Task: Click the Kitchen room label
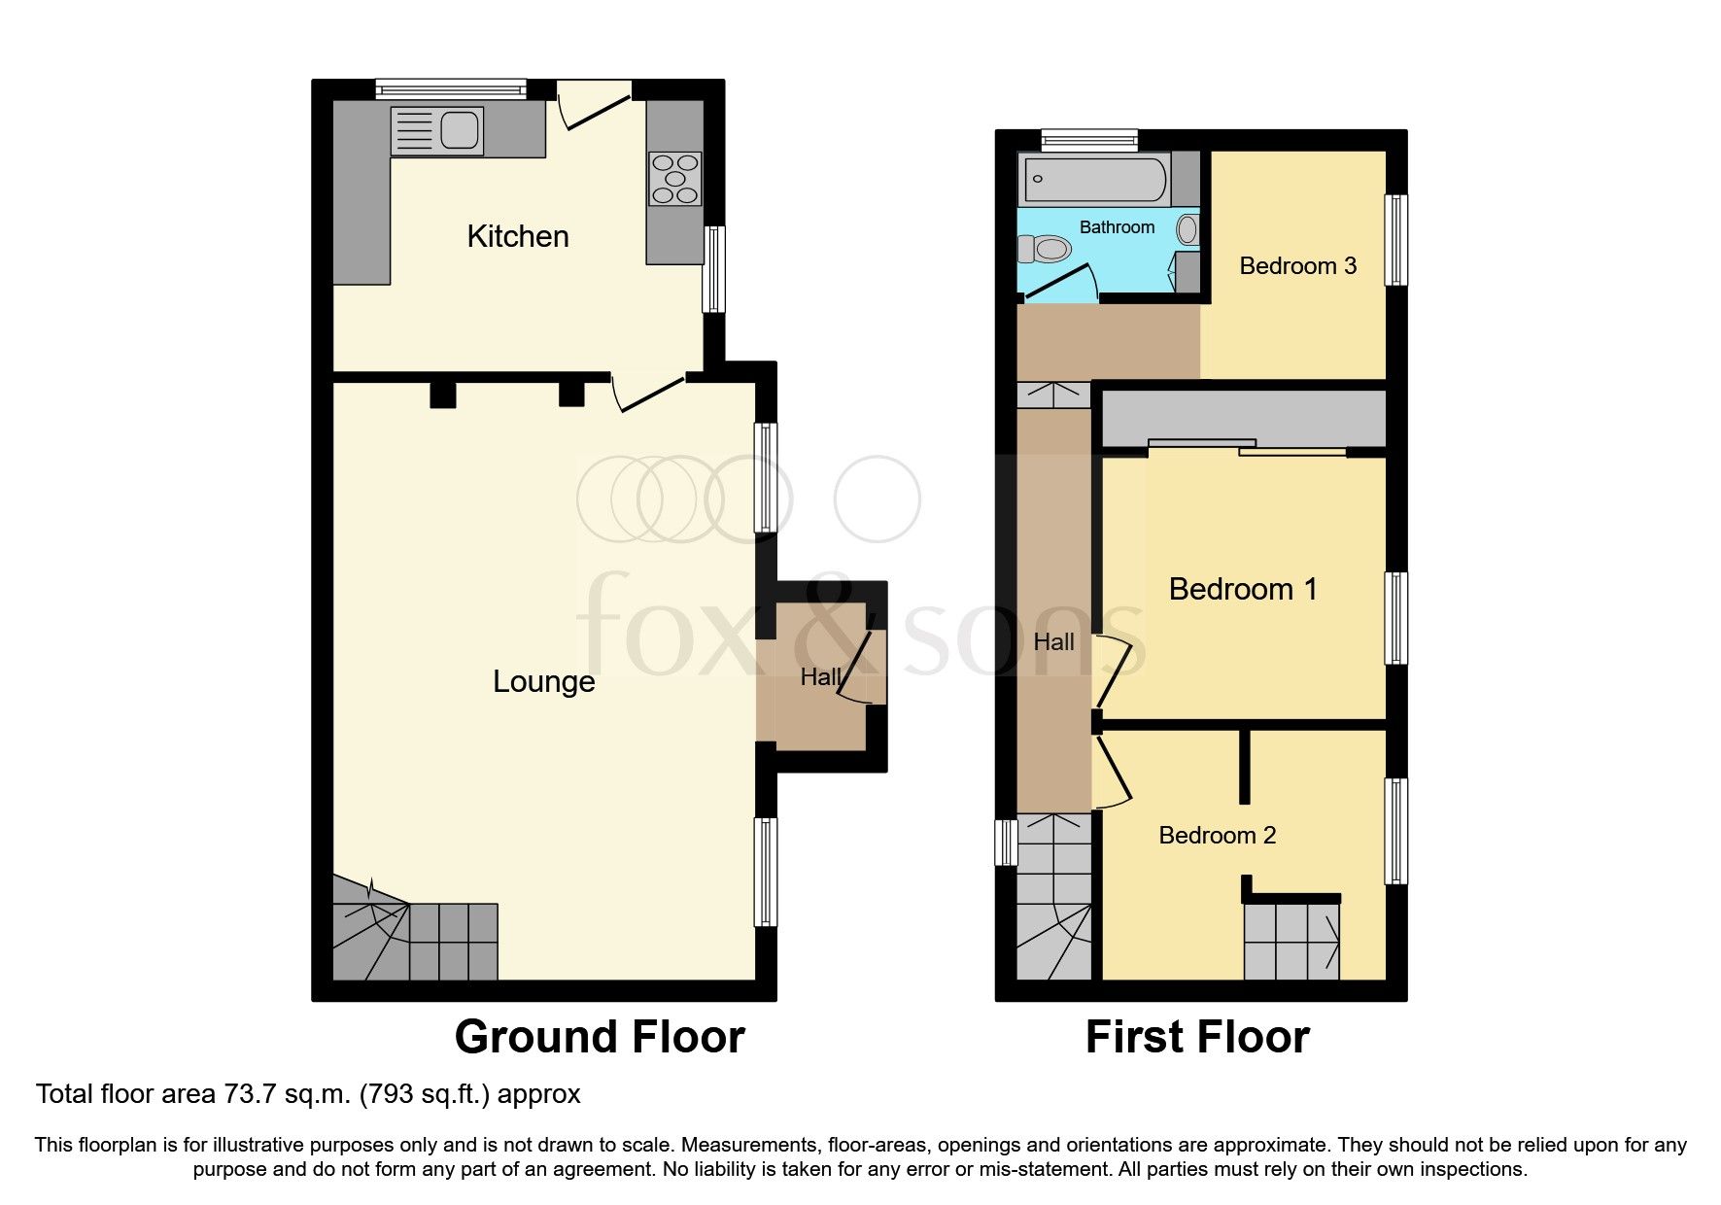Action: [x=517, y=236]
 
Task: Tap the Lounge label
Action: [x=543, y=681]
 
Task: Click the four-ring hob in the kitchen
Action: [x=675, y=179]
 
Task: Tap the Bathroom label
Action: [x=1117, y=227]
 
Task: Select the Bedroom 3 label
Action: [x=1297, y=266]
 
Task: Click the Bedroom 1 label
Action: [x=1242, y=589]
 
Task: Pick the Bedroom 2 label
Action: [x=1217, y=836]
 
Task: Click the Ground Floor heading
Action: [x=600, y=1037]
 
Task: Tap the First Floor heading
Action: [x=1196, y=1037]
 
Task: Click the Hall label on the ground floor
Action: [x=819, y=677]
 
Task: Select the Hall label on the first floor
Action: [x=1053, y=642]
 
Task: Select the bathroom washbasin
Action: [x=1187, y=230]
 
